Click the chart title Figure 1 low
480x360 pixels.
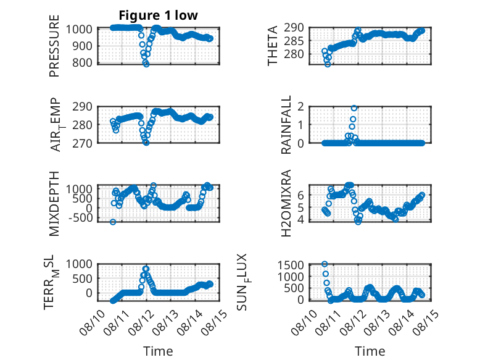coord(159,15)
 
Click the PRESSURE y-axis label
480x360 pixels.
coord(54,46)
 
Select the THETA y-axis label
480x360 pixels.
coord(272,46)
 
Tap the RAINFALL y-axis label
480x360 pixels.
coord(286,125)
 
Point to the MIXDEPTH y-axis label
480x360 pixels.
coord(54,204)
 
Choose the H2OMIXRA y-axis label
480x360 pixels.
coord(286,203)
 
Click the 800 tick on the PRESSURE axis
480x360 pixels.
coord(81,63)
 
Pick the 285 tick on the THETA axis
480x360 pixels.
coord(294,41)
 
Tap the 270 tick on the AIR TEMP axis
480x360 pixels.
coord(81,143)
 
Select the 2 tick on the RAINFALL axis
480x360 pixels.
coord(300,107)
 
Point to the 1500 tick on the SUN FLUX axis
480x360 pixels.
coord(291,265)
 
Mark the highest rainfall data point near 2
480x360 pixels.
coord(354,108)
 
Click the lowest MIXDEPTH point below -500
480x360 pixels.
coord(113,222)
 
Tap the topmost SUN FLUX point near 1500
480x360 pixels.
coord(325,264)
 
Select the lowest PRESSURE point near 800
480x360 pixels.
coord(146,64)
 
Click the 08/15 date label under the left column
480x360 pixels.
coord(217,320)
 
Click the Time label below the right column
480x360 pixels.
coord(370,351)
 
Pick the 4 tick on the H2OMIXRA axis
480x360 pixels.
coord(300,219)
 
